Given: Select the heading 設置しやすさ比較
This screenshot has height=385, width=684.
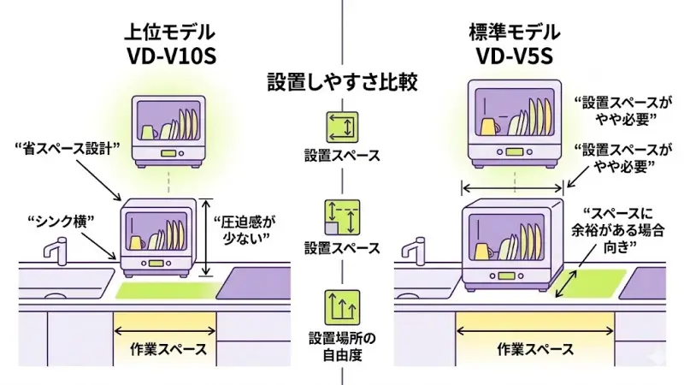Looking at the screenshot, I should click(341, 82).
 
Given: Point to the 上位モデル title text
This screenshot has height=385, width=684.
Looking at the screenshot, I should click(168, 33).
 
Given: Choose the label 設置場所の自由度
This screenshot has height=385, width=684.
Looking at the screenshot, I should click(341, 346).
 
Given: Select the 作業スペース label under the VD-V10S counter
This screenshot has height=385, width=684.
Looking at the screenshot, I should click(168, 349).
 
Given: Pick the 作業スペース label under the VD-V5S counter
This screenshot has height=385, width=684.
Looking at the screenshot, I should click(535, 349).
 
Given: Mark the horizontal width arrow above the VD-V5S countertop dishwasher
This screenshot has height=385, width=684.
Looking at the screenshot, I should click(512, 187).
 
